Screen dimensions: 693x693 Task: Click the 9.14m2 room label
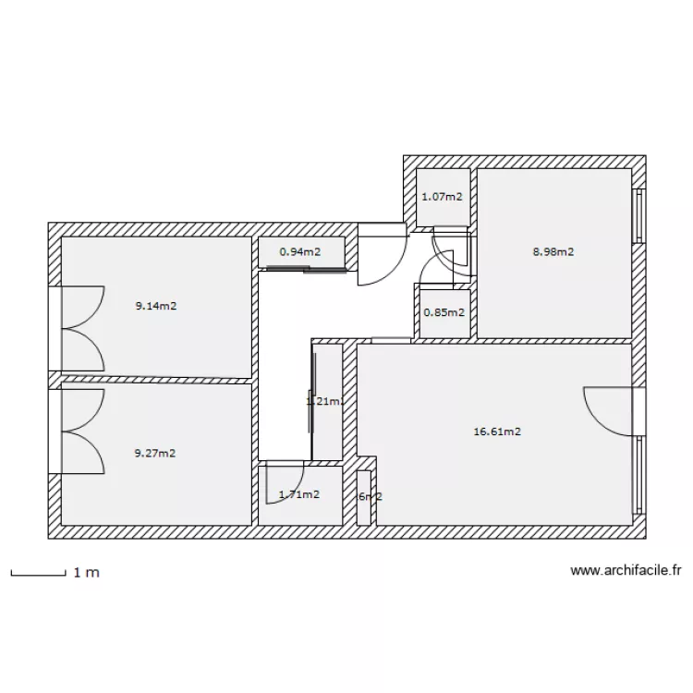click(x=155, y=306)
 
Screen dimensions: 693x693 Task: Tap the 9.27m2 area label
click(x=155, y=453)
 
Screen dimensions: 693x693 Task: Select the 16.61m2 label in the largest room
click(x=498, y=431)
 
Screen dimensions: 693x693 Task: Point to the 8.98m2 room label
click(x=553, y=250)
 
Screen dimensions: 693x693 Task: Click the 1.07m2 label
click(x=442, y=197)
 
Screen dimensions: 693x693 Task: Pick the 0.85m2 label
click(x=444, y=311)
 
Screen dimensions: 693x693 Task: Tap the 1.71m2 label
click(x=299, y=494)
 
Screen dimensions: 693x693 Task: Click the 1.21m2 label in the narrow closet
click(x=325, y=401)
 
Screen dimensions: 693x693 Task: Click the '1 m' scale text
click(x=87, y=573)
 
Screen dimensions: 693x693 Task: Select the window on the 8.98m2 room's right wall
click(x=637, y=217)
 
